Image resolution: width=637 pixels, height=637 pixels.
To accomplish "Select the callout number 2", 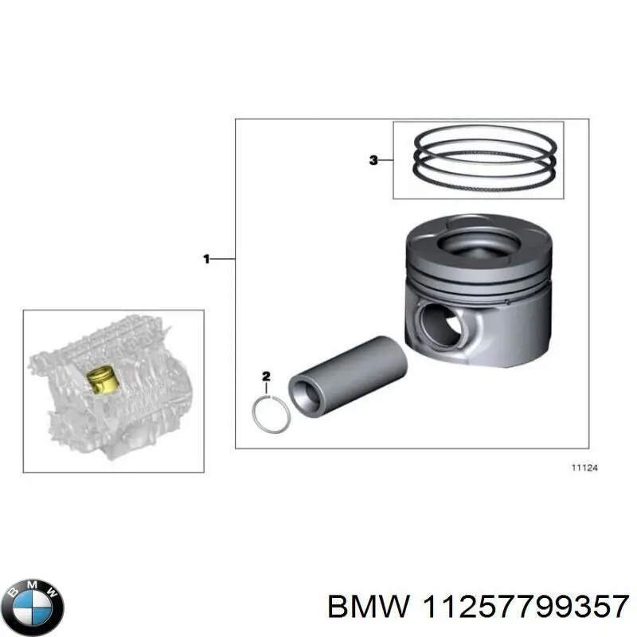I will [267, 375].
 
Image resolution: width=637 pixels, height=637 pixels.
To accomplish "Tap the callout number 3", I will [373, 160].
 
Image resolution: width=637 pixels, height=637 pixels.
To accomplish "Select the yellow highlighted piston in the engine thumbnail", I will [101, 379].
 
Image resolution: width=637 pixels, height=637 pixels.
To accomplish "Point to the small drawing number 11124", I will [585, 468].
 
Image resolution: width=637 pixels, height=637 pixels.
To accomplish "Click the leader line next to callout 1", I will [223, 258].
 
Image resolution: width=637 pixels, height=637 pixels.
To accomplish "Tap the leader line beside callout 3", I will [385, 160].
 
